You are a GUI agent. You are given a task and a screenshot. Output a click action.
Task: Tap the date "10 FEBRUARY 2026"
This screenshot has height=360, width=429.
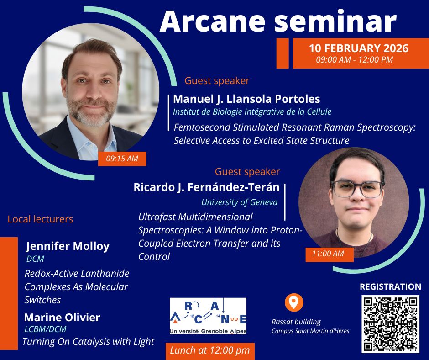coord(358,48)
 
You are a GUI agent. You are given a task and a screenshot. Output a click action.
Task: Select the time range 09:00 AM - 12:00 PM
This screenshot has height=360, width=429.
coord(354,59)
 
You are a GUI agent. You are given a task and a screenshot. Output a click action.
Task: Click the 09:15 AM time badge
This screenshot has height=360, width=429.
coord(122,159)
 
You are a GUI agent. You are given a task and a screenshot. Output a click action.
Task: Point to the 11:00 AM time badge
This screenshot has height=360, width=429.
coord(328,254)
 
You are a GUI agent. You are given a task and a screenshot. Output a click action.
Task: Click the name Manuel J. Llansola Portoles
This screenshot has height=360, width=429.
coord(246,99)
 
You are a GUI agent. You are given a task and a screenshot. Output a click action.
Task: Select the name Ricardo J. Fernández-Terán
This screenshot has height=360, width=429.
coord(206,187)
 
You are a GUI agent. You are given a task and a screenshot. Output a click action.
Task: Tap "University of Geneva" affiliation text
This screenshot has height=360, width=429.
coord(239,201)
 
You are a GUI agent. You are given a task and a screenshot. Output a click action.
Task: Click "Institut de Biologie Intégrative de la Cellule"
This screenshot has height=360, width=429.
coord(252,111)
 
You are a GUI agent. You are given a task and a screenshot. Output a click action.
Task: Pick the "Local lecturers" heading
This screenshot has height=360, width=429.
coord(40,219)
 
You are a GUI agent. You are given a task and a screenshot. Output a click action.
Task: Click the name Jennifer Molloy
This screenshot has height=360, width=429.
coord(68,246)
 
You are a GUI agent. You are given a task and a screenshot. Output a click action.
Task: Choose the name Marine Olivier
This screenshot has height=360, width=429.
coord(62,317)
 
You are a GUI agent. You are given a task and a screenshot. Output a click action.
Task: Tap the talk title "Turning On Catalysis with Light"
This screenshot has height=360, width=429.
coord(88,341)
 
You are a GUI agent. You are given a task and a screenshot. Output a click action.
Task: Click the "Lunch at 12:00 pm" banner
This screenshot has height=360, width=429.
coord(210,350)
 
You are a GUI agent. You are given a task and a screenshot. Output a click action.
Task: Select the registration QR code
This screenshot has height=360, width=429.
coord(390,324)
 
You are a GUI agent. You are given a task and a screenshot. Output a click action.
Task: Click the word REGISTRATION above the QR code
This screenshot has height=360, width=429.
coord(390,287)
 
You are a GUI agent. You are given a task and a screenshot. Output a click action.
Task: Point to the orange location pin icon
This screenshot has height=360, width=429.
coord(294,302)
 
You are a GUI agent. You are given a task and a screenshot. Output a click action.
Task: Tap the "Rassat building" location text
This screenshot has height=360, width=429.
coord(296,322)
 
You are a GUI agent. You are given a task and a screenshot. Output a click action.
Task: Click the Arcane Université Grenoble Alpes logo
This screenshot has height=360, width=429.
coord(208,316)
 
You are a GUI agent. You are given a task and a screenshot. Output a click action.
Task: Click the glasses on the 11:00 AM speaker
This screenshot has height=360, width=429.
coord(357,188)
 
